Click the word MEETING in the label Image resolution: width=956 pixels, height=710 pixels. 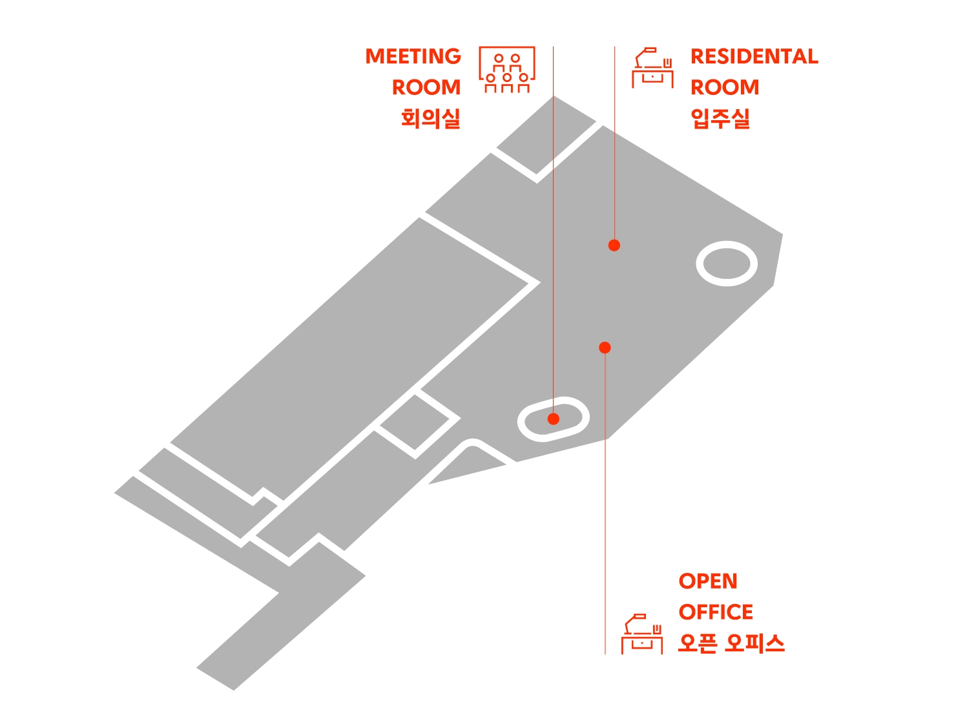pyautogui.click(x=413, y=57)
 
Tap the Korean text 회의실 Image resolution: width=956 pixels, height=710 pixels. pyautogui.click(x=430, y=119)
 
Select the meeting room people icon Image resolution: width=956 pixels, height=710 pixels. pyautogui.click(x=507, y=70)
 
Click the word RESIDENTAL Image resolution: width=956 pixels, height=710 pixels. pyautogui.click(x=754, y=57)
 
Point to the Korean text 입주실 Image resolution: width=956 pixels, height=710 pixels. pyautogui.click(x=720, y=119)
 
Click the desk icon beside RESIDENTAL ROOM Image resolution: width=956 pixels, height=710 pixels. pyautogui.click(x=652, y=68)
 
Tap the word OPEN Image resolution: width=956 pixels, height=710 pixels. pyautogui.click(x=708, y=581)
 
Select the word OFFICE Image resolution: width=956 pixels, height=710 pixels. pyautogui.click(x=716, y=612)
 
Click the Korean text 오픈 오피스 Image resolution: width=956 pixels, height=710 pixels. pyautogui.click(x=731, y=643)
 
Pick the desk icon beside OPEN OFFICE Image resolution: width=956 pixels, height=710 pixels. pyautogui.click(x=642, y=634)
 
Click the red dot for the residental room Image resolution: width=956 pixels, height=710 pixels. pyautogui.click(x=614, y=245)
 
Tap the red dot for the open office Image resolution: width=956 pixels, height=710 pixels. pyautogui.click(x=605, y=348)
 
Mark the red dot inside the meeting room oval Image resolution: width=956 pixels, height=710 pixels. pyautogui.click(x=554, y=419)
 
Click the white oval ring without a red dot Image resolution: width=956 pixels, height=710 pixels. pyautogui.click(x=727, y=264)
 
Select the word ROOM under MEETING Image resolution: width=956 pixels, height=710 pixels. pyautogui.click(x=426, y=87)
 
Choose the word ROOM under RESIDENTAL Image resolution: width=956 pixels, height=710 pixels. pyautogui.click(x=725, y=87)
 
